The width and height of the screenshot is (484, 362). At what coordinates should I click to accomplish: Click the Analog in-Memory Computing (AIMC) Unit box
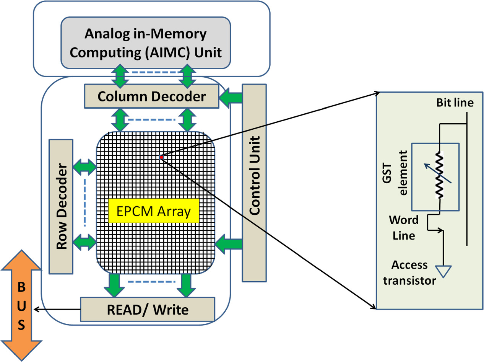146,43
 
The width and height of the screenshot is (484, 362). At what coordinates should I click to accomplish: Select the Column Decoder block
151,96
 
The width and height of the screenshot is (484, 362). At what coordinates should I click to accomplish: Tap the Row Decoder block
61,206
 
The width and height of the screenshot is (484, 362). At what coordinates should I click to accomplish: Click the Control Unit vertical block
254,183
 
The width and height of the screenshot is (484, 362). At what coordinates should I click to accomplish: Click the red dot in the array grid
161,157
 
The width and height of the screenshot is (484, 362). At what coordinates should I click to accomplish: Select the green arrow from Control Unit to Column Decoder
231,98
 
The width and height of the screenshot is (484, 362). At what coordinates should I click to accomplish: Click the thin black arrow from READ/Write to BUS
57,309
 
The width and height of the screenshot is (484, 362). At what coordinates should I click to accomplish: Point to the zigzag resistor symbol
440,176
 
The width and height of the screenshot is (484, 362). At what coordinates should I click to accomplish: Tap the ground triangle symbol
443,271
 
